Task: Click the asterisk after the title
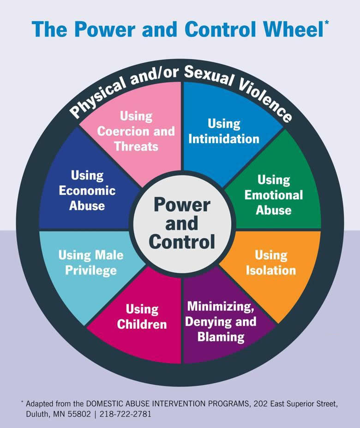coord(327,23)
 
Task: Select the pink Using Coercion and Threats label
coord(136,131)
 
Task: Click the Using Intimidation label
coord(224,131)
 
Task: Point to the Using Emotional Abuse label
coord(274,195)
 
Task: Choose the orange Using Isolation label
coord(271,263)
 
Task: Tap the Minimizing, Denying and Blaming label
coord(221,321)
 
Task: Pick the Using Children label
coord(142,317)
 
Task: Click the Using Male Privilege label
coord(91,263)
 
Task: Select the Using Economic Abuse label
coord(87,190)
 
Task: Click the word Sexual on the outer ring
coord(209,76)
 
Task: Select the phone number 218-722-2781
coord(125,414)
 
